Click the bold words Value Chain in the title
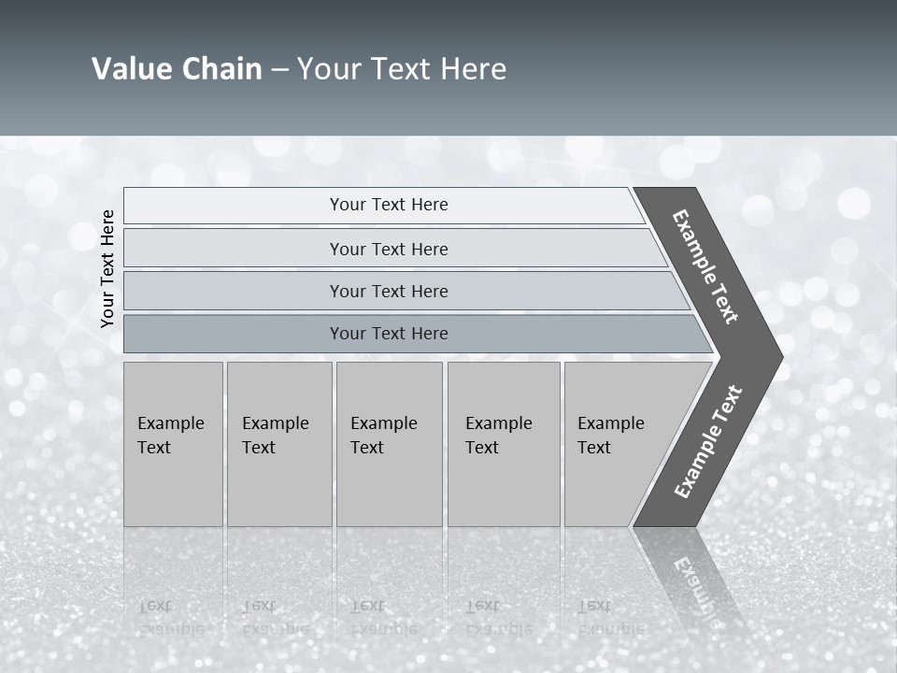pyautogui.click(x=177, y=69)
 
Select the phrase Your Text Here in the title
pyautogui.click(x=402, y=69)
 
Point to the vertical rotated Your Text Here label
pyautogui.click(x=107, y=269)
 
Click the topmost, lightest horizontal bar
pyautogui.click(x=389, y=205)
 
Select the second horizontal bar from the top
pyautogui.click(x=389, y=249)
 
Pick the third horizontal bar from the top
pyautogui.click(x=389, y=291)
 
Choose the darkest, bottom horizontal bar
pyautogui.click(x=389, y=334)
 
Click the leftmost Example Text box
pyautogui.click(x=173, y=444)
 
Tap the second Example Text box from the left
pyautogui.click(x=278, y=444)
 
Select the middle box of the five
pyautogui.click(x=389, y=444)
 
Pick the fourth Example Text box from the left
pyautogui.click(x=503, y=444)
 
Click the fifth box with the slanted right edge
pyautogui.click(x=617, y=444)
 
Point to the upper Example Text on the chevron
pyautogui.click(x=705, y=266)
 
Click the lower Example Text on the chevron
pyautogui.click(x=708, y=441)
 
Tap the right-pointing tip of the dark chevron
pyautogui.click(x=777, y=356)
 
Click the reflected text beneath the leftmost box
pyautogui.click(x=171, y=617)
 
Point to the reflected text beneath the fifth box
pyautogui.click(x=610, y=617)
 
